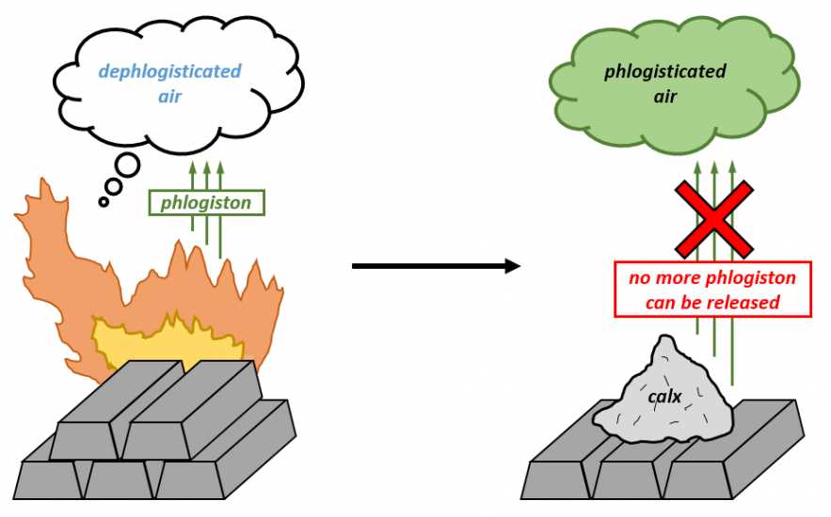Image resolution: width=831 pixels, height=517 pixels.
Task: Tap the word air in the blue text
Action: [x=169, y=96]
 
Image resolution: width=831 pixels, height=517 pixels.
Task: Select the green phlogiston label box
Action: [x=206, y=203]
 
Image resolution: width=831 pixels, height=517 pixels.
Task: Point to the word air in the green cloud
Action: [x=665, y=97]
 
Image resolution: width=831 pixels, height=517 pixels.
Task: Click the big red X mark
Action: [x=713, y=219]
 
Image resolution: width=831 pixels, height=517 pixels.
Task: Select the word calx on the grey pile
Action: [x=664, y=396]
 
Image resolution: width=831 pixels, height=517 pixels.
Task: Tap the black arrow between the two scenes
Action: [x=436, y=266]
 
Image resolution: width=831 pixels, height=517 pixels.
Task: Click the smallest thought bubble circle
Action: [x=104, y=201]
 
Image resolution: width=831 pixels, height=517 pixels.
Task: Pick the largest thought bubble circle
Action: [x=128, y=165]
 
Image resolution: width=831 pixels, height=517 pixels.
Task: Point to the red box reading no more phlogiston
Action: [x=712, y=289]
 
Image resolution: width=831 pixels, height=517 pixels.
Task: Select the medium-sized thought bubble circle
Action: [x=113, y=186]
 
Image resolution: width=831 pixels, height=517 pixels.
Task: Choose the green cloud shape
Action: [x=675, y=85]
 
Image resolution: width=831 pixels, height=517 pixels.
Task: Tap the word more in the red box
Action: [x=675, y=278]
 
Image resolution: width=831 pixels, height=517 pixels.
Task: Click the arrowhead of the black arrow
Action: [x=513, y=266]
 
